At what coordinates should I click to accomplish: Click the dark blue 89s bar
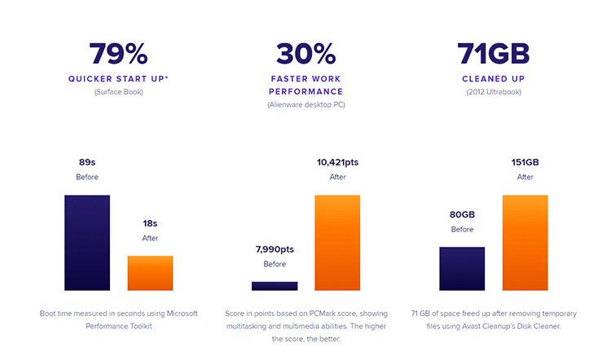[87, 243]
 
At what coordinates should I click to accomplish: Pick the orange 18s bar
[150, 273]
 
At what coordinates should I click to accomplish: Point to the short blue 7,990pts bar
[275, 286]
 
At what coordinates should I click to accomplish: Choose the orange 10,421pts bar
[337, 243]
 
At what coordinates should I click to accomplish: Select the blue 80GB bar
[462, 269]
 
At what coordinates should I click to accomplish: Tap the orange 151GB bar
[525, 243]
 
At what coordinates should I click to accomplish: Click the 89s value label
[87, 162]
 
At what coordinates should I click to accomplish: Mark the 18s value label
[150, 222]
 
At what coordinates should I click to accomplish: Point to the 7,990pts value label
[275, 248]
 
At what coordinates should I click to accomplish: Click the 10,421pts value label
[337, 162]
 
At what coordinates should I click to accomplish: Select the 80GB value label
[462, 214]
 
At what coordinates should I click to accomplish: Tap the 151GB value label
[525, 162]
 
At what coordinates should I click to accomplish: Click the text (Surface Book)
[118, 91]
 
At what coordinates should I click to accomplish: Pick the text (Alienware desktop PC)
[305, 104]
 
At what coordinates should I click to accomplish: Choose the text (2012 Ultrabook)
[494, 91]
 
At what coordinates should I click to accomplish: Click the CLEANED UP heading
[494, 79]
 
